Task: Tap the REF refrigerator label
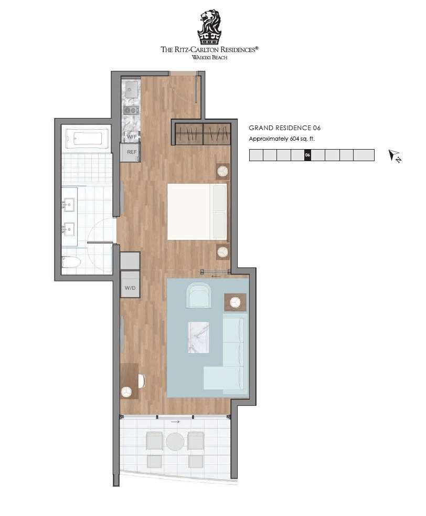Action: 132,152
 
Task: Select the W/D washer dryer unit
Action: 130,285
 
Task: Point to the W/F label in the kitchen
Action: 132,136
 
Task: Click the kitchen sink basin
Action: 131,88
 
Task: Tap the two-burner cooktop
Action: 131,111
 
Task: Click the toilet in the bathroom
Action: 71,262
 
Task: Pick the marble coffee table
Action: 198,338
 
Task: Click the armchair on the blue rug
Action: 198,296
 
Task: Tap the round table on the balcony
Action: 175,441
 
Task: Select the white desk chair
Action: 142,381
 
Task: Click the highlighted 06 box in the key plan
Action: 307,155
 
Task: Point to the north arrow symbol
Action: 395,156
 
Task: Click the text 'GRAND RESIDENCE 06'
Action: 284,128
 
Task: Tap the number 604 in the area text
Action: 294,139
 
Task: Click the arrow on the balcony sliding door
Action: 175,422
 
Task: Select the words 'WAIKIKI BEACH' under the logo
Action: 209,57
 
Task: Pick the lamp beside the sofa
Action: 235,302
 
